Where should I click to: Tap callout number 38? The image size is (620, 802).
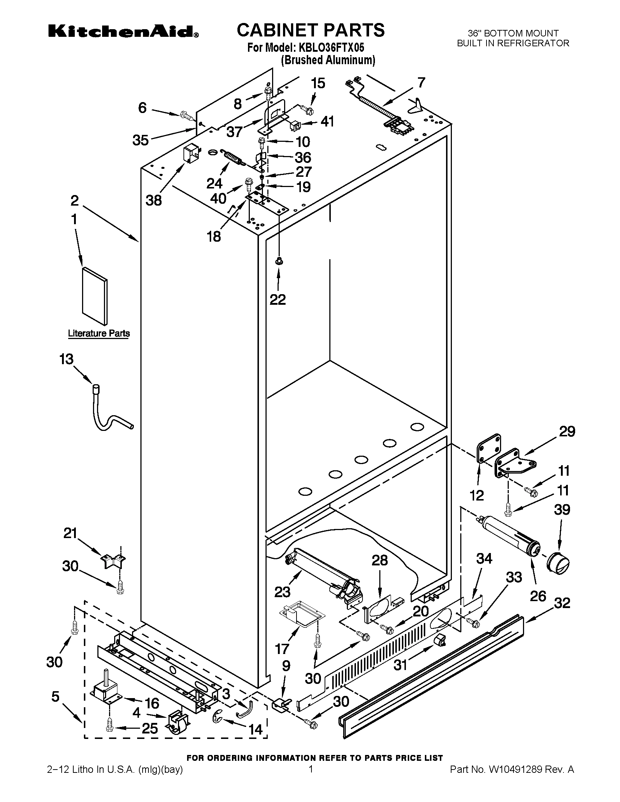coord(154,200)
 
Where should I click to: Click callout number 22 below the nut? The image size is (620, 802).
coord(278,300)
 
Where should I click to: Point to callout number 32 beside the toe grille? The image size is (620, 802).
coord(562,603)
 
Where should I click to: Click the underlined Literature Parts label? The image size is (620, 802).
coord(99,334)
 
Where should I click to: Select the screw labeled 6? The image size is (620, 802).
coord(187,116)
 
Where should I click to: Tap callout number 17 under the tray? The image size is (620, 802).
coord(282,649)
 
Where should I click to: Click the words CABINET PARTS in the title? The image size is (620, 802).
coord(310,30)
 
